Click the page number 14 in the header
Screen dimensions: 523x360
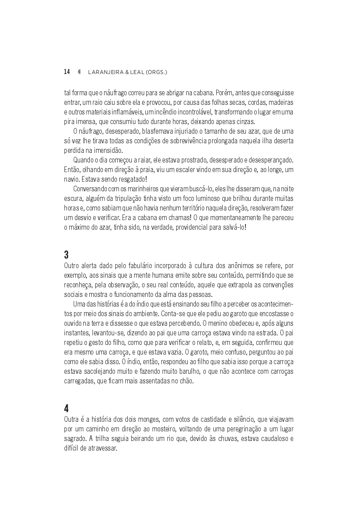(67, 72)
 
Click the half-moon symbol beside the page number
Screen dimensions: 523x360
(79, 72)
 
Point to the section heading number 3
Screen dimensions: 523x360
(66, 254)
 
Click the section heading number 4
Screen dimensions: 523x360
(66, 409)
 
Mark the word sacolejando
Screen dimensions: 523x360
(98, 371)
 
